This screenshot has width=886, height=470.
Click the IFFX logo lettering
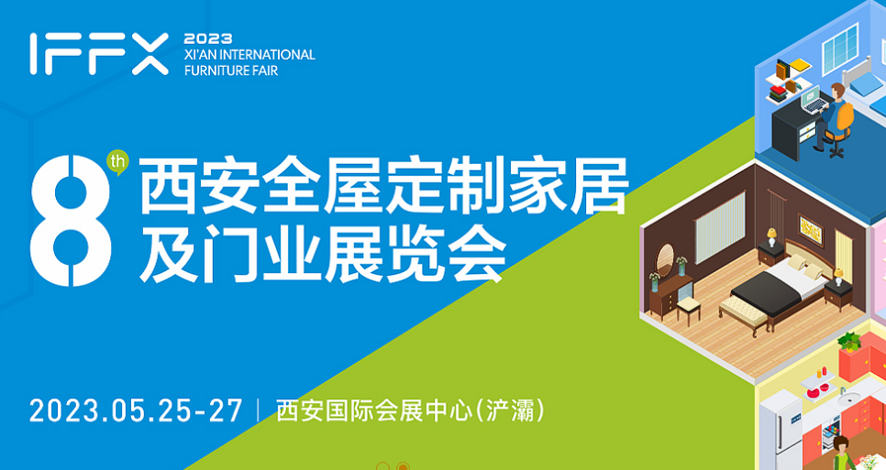(x=99, y=54)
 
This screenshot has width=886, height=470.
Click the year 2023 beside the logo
(x=208, y=38)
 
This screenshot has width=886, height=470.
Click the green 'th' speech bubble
(x=118, y=162)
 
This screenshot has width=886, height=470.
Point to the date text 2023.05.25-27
(x=136, y=410)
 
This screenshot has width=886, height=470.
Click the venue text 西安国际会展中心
(x=374, y=410)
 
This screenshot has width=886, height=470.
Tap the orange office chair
(x=839, y=128)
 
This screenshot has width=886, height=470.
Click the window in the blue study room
(x=841, y=49)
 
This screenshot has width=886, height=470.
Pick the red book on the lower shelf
(x=777, y=90)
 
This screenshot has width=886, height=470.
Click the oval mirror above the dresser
(x=665, y=259)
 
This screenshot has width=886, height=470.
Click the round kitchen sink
(x=848, y=399)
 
